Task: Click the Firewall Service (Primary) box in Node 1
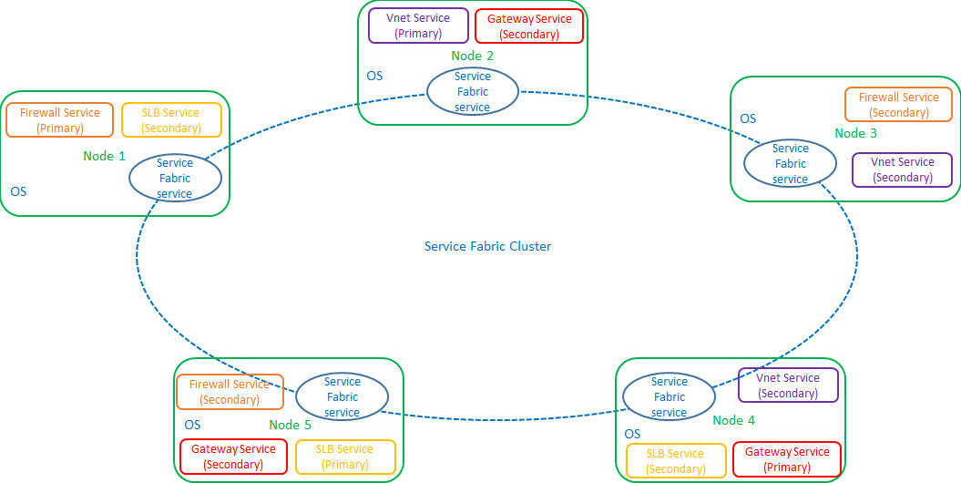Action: click(60, 120)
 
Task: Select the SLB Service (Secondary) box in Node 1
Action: click(170, 120)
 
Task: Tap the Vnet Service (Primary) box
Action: click(418, 26)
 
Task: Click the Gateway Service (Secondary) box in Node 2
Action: click(529, 26)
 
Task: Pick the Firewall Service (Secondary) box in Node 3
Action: click(899, 105)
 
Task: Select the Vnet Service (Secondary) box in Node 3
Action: click(902, 170)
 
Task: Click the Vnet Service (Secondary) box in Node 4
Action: click(788, 385)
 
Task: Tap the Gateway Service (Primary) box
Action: click(787, 459)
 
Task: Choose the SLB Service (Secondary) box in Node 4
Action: click(675, 461)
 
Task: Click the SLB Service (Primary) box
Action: click(344, 457)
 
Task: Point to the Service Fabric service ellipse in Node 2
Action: click(473, 92)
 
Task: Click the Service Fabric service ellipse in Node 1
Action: click(175, 178)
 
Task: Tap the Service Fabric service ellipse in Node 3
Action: click(790, 163)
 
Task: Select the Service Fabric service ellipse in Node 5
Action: click(342, 396)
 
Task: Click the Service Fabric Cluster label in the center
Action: click(487, 246)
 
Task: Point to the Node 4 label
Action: click(733, 420)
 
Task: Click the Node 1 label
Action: click(105, 156)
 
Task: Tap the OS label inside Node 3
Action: click(748, 118)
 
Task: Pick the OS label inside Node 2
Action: click(374, 76)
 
